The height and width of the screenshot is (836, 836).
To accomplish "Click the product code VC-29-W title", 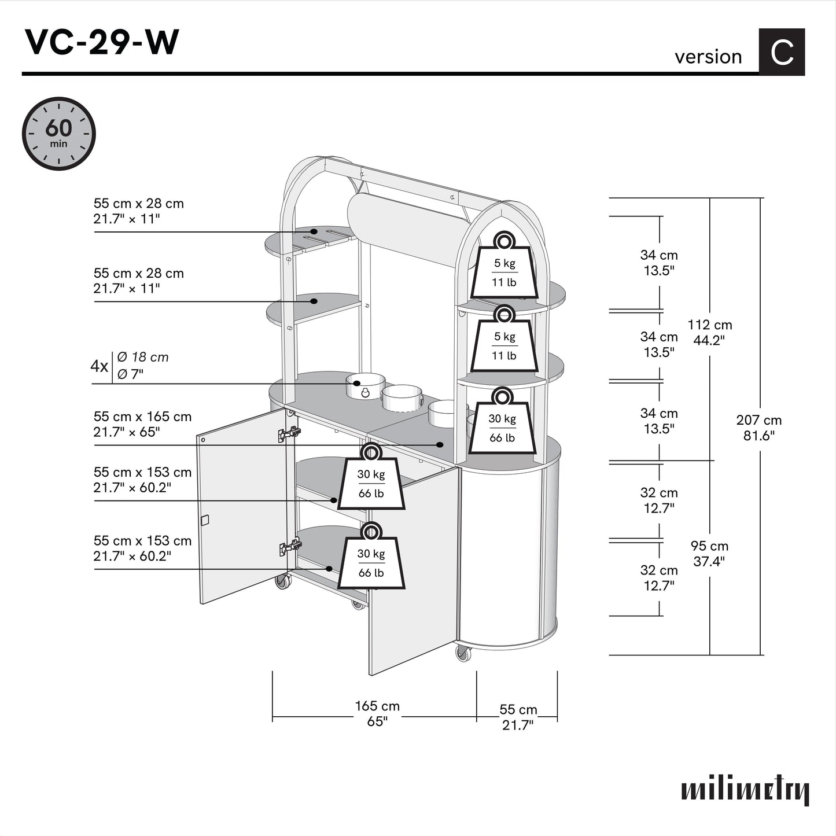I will (x=101, y=42).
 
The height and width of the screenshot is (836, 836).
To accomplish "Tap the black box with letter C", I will (x=781, y=52).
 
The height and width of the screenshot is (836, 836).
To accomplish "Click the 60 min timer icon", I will (x=58, y=134).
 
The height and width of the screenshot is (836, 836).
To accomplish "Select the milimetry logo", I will (x=745, y=790).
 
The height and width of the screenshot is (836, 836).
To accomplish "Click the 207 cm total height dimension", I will (x=758, y=428).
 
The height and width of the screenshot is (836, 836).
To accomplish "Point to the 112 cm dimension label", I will (x=709, y=332).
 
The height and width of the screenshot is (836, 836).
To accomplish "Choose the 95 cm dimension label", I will (x=709, y=553).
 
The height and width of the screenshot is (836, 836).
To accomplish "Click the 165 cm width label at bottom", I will (x=377, y=713).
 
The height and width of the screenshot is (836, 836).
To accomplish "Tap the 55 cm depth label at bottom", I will (x=518, y=717).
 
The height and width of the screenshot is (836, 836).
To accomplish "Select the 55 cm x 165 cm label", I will (x=142, y=423).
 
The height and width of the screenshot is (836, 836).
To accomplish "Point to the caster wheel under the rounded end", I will (x=463, y=653).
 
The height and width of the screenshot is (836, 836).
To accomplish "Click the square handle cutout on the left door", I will (x=204, y=520).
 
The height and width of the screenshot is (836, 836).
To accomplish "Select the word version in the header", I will (x=708, y=57).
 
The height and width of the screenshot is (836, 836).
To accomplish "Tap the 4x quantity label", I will (x=99, y=366).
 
